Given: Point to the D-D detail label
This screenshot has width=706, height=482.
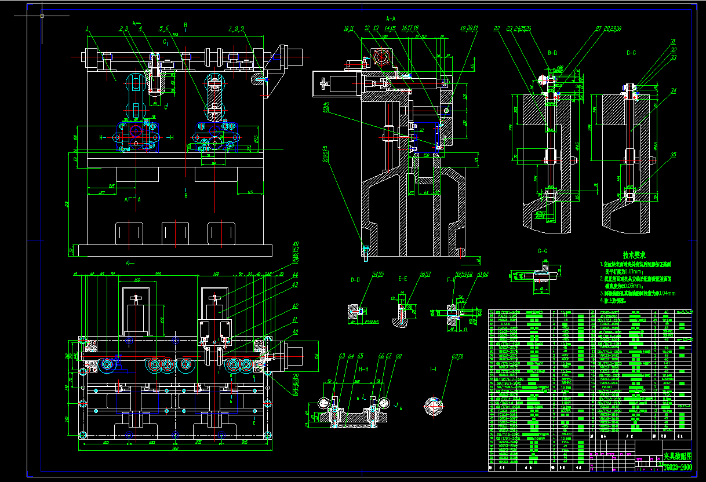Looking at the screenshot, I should (355, 279).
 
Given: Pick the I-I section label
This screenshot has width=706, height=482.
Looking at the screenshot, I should (433, 368).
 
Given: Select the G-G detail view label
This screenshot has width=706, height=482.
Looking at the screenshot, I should (543, 251).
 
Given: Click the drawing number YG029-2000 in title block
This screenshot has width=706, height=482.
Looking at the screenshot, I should (678, 467).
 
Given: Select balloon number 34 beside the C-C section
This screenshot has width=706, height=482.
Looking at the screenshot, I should (674, 90).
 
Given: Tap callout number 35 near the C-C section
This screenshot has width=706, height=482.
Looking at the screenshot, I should (674, 155).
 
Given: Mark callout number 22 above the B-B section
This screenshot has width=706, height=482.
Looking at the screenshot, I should (496, 28).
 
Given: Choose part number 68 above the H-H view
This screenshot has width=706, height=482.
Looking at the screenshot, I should (399, 356).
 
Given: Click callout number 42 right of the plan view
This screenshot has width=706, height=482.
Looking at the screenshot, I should (295, 306).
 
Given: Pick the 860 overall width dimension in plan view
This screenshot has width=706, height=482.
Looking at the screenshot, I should (174, 449).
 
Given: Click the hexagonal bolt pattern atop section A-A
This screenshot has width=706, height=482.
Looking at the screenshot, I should (383, 58).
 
